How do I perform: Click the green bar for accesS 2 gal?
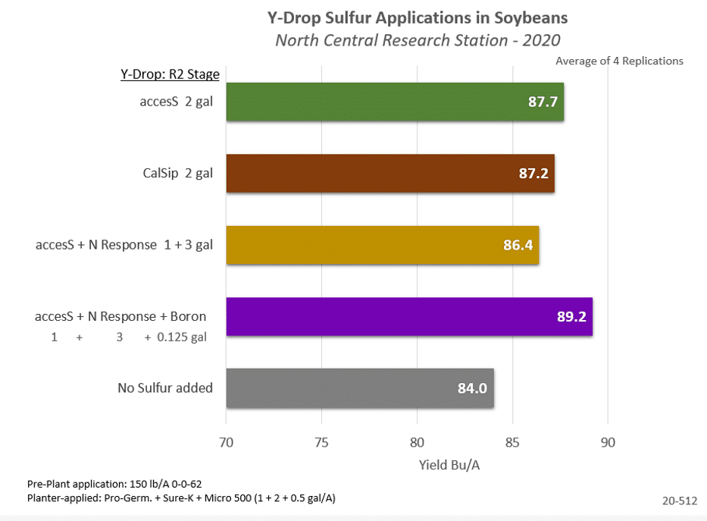pyautogui.click(x=394, y=102)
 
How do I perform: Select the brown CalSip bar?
pyautogui.click(x=390, y=174)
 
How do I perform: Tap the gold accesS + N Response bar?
pyautogui.click(x=383, y=246)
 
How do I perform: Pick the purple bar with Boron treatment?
pyautogui.click(x=409, y=317)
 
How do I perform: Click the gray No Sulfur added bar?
pyautogui.click(x=360, y=388)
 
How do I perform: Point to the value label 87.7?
pyautogui.click(x=543, y=102)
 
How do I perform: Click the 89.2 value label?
pyautogui.click(x=571, y=317)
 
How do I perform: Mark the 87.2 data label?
pyautogui.click(x=533, y=174)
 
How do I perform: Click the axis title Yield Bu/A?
pyautogui.click(x=450, y=465)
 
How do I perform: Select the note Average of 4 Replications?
pyautogui.click(x=619, y=61)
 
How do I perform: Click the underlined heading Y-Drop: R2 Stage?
pyautogui.click(x=170, y=74)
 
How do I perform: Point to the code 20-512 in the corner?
pyautogui.click(x=678, y=500)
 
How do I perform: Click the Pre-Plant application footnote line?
pyautogui.click(x=114, y=483)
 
